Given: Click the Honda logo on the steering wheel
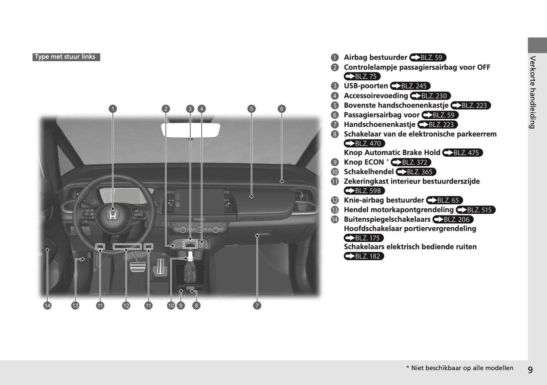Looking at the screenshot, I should click(x=112, y=215).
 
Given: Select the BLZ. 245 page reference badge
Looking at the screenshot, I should click(x=410, y=86).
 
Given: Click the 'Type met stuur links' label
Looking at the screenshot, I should click(x=66, y=57).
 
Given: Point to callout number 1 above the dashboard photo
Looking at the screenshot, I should click(x=112, y=109).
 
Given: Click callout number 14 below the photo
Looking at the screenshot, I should click(x=47, y=306).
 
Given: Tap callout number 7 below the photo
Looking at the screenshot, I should click(x=257, y=306).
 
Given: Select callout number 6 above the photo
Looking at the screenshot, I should click(x=281, y=109).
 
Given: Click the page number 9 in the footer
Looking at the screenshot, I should click(x=530, y=369).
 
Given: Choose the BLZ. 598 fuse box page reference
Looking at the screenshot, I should click(x=364, y=191).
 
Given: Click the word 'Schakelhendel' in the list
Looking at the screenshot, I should click(x=368, y=172).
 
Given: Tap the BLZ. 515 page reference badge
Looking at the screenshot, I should click(x=475, y=210).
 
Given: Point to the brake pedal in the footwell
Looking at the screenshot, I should click(x=138, y=266).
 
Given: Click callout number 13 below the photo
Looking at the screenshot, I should click(x=75, y=306).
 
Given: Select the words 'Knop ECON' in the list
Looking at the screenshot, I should click(x=363, y=162).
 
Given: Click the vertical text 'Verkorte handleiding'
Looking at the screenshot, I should click(x=533, y=92).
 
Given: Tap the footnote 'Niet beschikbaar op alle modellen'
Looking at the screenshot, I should click(x=462, y=368).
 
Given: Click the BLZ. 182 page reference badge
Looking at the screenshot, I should click(x=364, y=256).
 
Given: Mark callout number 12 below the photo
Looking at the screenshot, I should click(x=126, y=306).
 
